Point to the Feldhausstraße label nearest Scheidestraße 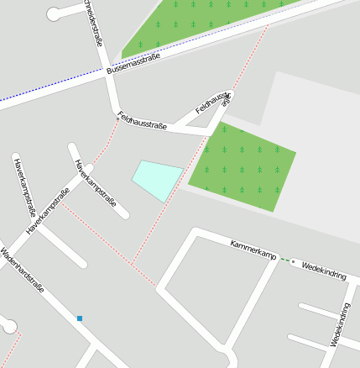pos(143,121)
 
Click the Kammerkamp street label pos(253,250)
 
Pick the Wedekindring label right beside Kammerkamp pos(323,268)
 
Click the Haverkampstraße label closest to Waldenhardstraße pos(47,210)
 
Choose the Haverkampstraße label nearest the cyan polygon pos(94,182)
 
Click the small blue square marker pos(80,318)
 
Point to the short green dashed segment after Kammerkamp pos(288,260)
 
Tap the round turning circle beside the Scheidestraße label pos(55,13)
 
